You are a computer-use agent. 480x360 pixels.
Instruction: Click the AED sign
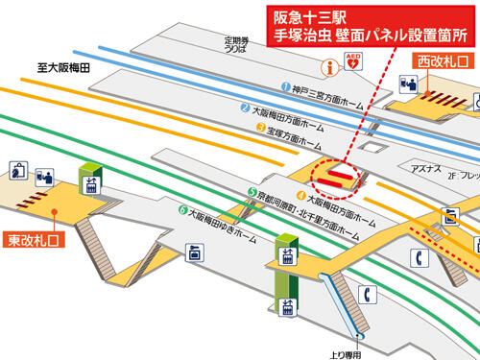pyautogui.click(x=356, y=63)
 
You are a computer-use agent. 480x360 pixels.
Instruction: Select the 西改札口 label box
pyautogui.click(x=442, y=61)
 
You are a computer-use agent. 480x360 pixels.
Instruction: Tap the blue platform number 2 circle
pyautogui.click(x=246, y=108)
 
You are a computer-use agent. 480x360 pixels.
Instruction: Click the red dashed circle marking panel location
pyautogui.click(x=335, y=174)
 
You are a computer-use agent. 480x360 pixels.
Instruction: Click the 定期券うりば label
pyautogui.click(x=236, y=45)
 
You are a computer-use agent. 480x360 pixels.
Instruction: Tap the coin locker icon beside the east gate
pyautogui.click(x=18, y=172)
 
